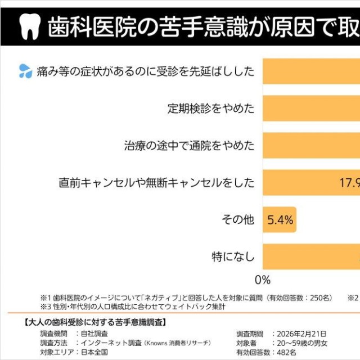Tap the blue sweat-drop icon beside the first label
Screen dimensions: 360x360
pyautogui.click(x=25, y=71)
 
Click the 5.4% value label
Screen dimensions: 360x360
pyautogui.click(x=280, y=220)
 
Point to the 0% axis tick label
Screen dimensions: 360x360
pyautogui.click(x=263, y=280)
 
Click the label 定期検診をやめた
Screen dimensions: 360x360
pyautogui.click(x=211, y=108)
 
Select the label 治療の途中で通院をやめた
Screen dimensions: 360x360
pyautogui.click(x=189, y=146)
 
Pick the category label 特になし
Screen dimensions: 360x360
pyautogui.click(x=233, y=257)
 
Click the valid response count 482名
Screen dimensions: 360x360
pyautogui.click(x=283, y=352)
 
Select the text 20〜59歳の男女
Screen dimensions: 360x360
pyautogui.click(x=300, y=343)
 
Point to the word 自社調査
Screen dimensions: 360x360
pyautogui.click(x=94, y=334)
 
